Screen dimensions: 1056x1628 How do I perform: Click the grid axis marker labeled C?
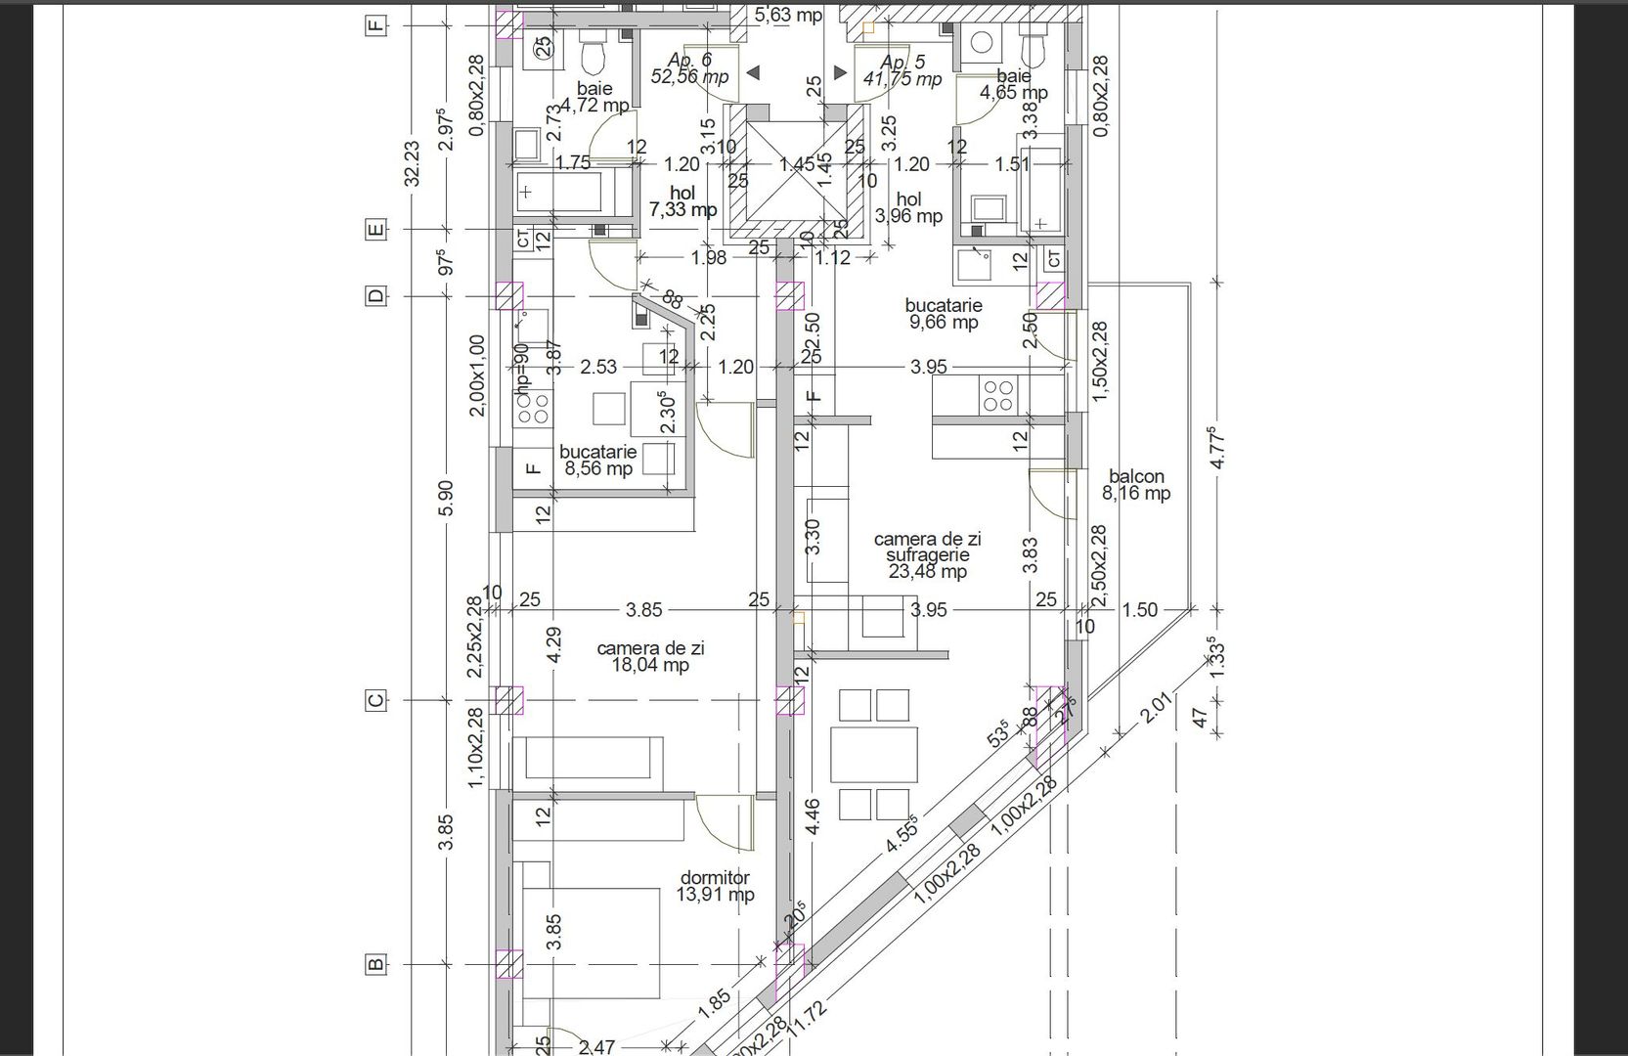tap(374, 700)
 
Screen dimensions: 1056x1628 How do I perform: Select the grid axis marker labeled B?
tap(374, 965)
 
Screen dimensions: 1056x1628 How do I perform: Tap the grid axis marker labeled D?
tap(374, 296)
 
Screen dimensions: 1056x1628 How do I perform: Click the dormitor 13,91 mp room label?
tap(715, 887)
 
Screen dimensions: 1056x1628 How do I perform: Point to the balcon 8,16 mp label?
tap(1136, 485)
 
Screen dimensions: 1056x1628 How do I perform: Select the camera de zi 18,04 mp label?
tap(650, 657)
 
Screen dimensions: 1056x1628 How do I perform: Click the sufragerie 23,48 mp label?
tap(927, 555)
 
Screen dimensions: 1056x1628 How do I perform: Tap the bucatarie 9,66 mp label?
tap(943, 314)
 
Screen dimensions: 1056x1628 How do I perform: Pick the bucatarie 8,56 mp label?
tap(597, 460)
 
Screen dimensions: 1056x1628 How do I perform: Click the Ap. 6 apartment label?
tap(689, 68)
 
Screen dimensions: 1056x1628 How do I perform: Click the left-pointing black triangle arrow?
tap(753, 72)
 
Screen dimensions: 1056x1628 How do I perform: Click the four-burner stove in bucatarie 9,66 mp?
tap(997, 395)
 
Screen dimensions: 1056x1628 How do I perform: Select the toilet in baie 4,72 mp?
tap(593, 58)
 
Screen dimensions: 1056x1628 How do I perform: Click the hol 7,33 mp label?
tap(682, 202)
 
